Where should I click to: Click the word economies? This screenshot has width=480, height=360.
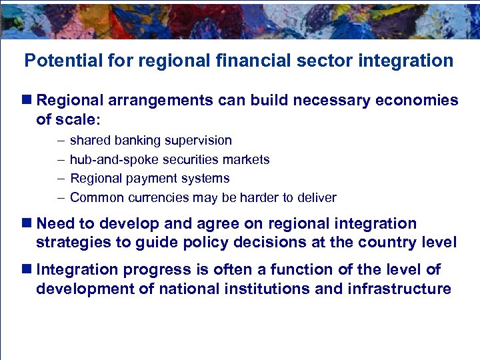tap(416, 100)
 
